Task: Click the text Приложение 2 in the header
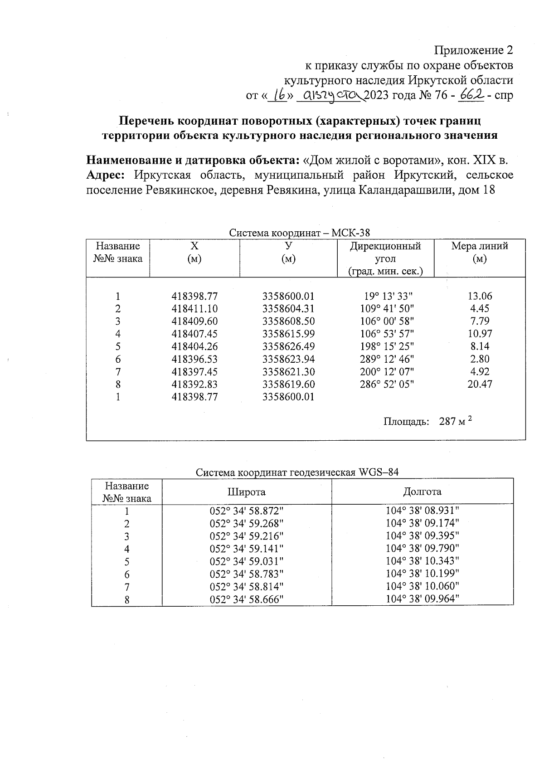474,50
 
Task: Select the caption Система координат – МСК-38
299,233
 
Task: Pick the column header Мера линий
479,252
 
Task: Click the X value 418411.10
194,309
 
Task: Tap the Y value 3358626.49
288,346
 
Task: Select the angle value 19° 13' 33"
388,297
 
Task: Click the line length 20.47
480,384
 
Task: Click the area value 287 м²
455,422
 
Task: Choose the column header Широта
246,492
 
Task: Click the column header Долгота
422,492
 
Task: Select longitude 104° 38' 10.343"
422,561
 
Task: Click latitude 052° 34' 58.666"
246,599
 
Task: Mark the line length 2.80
480,359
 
